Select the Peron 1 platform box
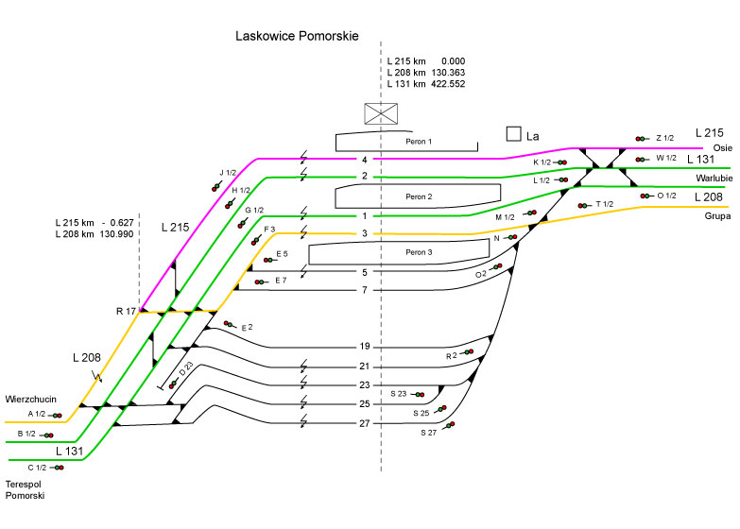(405, 142)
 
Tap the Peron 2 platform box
(418, 196)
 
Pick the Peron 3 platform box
(418, 252)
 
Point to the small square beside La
(513, 134)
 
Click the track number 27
(364, 424)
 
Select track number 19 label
(364, 347)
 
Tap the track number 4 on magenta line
(364, 160)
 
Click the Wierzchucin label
(30, 399)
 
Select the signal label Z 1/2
(664, 138)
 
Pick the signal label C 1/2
(37, 467)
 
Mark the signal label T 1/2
(605, 204)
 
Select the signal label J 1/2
(228, 172)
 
